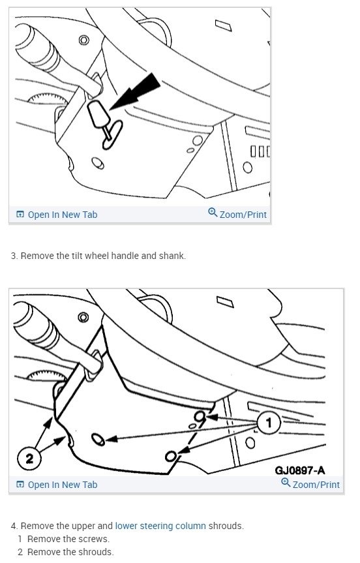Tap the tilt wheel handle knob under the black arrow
(x=98, y=114)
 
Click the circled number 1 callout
(x=269, y=423)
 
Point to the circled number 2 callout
(x=29, y=458)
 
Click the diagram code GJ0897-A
(x=300, y=470)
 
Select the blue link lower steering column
(x=160, y=526)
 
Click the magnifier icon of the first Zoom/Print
(x=213, y=212)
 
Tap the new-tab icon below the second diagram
(x=20, y=485)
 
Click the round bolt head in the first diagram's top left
(x=84, y=40)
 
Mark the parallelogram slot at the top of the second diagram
(x=225, y=301)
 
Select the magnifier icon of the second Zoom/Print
(x=286, y=482)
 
